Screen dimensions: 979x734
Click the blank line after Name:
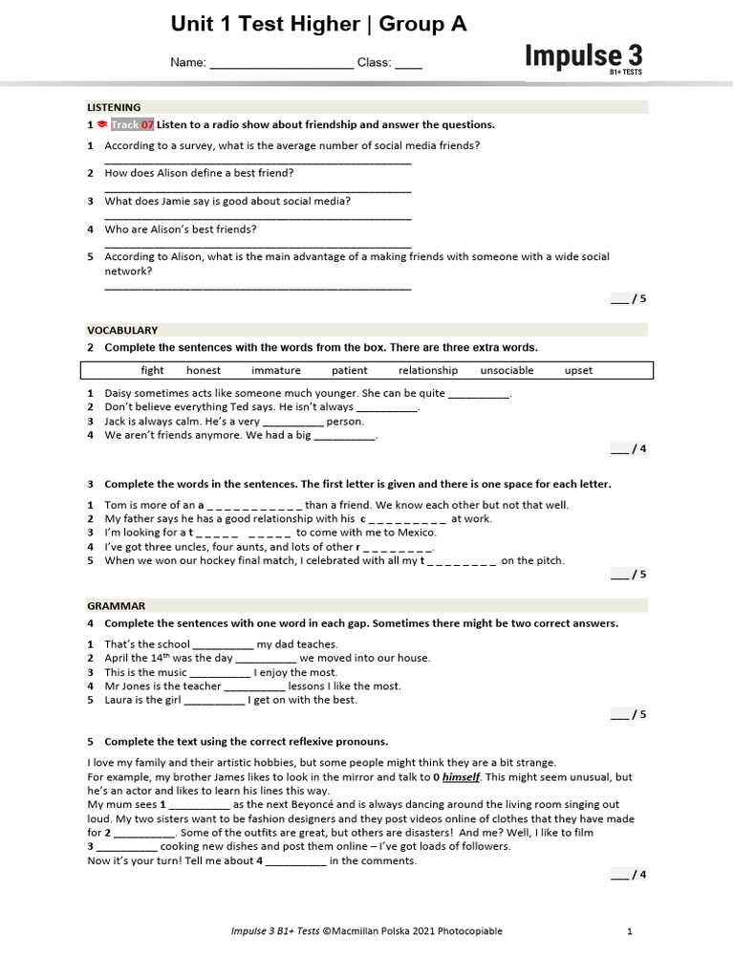[281, 64]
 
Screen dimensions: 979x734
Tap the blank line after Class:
[408, 64]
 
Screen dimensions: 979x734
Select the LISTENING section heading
[114, 108]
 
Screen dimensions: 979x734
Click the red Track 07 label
[132, 125]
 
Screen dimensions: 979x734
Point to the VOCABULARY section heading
[122, 330]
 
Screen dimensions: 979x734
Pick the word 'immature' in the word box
[276, 371]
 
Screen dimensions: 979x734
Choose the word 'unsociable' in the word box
[507, 371]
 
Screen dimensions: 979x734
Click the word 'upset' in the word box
[578, 371]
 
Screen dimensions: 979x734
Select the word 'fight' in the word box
[152, 371]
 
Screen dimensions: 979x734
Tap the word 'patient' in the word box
[350, 371]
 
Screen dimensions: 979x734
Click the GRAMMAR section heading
[117, 605]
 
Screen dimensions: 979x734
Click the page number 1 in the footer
[630, 931]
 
